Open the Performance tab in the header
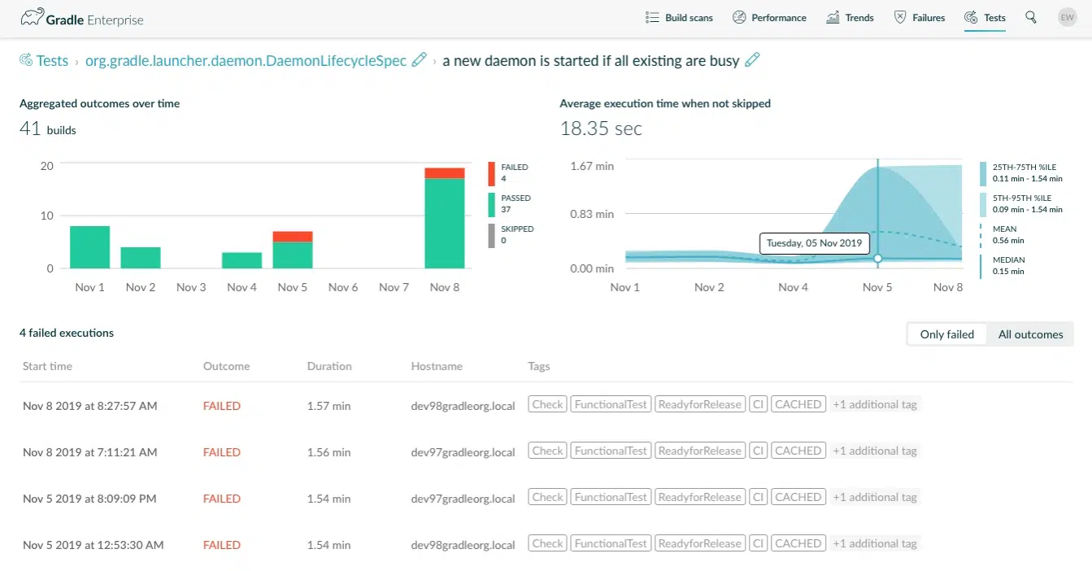tap(769, 18)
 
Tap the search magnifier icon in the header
tap(1031, 17)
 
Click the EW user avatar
tap(1067, 17)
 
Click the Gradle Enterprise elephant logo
tap(32, 18)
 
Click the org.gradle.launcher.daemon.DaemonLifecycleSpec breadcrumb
tap(246, 61)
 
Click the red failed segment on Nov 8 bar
tap(444, 172)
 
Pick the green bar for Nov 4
tap(241, 259)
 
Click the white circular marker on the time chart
tap(877, 258)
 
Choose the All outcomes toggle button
tap(1030, 334)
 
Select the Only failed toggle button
tap(946, 334)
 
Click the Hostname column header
tap(437, 366)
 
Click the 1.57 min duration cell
tap(328, 405)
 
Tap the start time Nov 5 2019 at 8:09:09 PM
tap(89, 498)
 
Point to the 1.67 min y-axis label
tap(593, 166)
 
